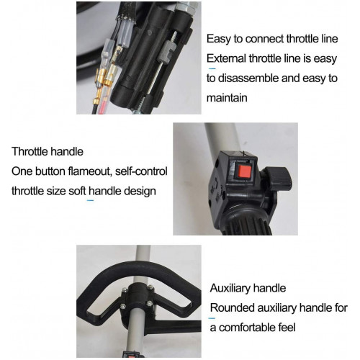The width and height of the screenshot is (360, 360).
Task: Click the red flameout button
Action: [244, 171]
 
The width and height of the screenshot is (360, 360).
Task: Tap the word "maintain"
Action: [227, 98]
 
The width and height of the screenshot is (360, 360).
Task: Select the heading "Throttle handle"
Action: [48, 152]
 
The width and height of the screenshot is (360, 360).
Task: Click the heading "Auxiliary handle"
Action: [248, 288]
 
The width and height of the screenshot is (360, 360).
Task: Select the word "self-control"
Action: [141, 171]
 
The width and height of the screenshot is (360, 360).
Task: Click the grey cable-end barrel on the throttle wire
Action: [165, 51]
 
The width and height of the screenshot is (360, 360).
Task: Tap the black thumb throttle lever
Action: [279, 179]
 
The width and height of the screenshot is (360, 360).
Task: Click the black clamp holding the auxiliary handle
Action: [138, 299]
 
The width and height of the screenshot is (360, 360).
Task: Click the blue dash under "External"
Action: [212, 69]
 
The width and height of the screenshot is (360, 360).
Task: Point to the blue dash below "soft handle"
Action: [90, 200]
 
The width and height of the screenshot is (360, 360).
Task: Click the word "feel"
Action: [287, 328]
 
